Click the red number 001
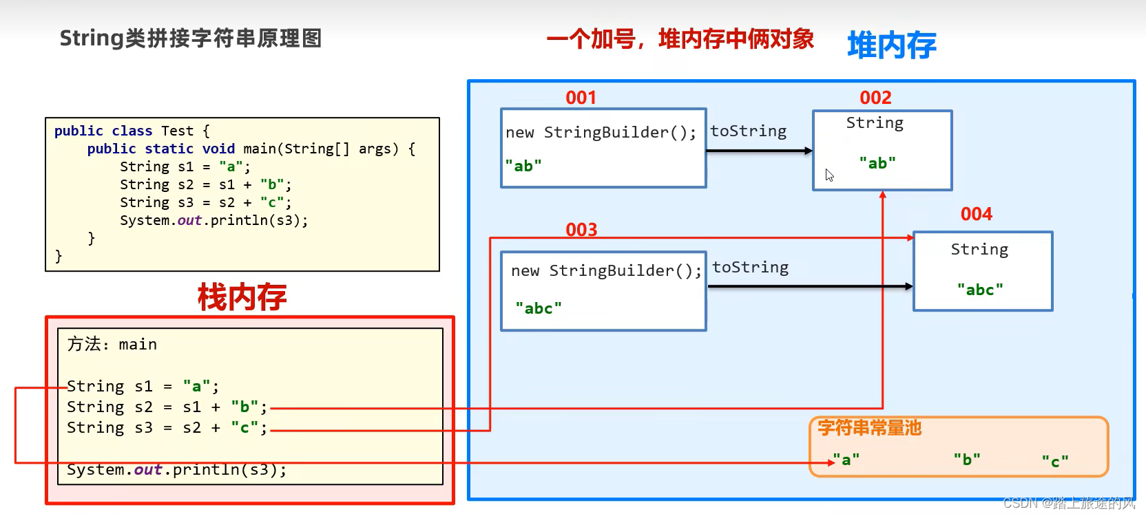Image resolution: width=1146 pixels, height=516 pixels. tap(581, 98)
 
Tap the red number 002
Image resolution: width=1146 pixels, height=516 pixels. tap(875, 98)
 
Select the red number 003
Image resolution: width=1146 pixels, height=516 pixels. tap(581, 230)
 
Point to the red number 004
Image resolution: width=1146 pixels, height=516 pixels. tap(976, 214)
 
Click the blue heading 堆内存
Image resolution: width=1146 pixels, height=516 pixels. tap(891, 45)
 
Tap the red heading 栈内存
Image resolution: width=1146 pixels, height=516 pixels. tap(242, 297)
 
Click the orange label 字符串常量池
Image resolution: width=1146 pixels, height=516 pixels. tap(869, 428)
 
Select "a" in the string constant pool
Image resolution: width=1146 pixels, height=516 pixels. tap(846, 460)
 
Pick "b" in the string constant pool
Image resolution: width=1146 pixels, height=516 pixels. tap(967, 460)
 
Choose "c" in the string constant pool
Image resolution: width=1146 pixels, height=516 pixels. tap(1055, 461)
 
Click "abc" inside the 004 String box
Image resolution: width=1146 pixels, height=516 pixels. tap(980, 290)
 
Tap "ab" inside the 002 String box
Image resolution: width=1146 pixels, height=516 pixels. tap(877, 163)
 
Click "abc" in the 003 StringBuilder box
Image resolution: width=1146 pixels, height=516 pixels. tap(539, 308)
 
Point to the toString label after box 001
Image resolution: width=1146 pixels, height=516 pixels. tap(748, 131)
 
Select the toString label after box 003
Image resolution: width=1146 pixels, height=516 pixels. tap(750, 268)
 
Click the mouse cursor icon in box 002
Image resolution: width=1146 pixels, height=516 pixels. tap(829, 175)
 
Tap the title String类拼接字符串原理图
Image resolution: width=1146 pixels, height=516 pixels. tap(191, 39)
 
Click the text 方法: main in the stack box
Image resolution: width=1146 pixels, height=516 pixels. tap(112, 344)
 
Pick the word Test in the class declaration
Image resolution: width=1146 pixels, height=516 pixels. tap(177, 131)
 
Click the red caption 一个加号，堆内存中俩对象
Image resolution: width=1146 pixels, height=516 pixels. tap(680, 39)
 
